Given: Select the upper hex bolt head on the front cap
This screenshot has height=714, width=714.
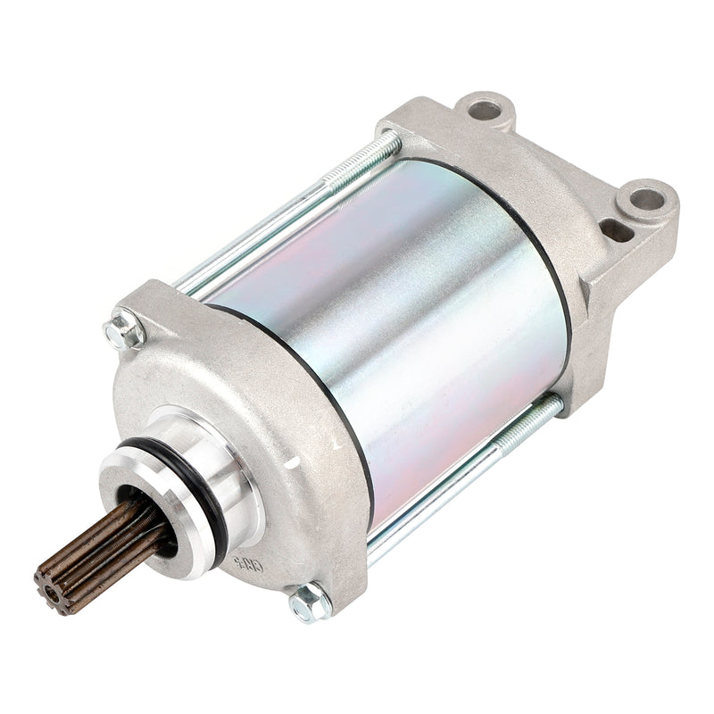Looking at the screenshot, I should pos(124,333).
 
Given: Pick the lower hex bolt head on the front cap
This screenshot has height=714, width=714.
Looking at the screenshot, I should pos(310,601).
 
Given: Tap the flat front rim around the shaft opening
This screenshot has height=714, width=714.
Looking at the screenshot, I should pos(134,473).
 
